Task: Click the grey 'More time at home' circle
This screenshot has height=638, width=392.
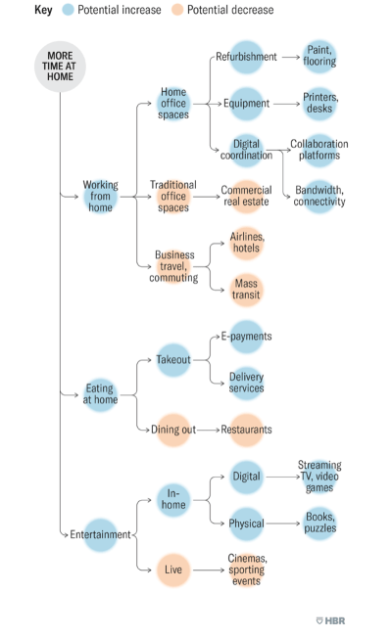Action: [x=60, y=67]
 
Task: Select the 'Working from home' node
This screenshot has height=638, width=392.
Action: [x=100, y=197]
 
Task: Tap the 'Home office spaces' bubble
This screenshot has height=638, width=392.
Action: [x=173, y=104]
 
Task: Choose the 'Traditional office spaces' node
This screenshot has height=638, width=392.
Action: [x=173, y=197]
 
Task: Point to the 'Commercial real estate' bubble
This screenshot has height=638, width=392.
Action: [x=246, y=196]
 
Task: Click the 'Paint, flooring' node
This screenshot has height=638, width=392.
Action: [x=319, y=57]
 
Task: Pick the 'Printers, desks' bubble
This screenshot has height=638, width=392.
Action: [x=319, y=104]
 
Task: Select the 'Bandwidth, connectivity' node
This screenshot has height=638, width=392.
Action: [x=319, y=197]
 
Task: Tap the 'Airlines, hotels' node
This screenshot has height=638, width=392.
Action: [x=247, y=243]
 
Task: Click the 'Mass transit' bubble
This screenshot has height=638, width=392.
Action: [x=246, y=290]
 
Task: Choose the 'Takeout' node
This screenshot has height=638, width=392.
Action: [x=173, y=360]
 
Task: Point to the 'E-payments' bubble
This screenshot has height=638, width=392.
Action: [x=246, y=337]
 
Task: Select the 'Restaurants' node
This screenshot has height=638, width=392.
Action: [x=246, y=430]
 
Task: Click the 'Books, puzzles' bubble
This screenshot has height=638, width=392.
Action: [x=319, y=523]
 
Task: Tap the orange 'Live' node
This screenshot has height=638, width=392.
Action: [x=173, y=570]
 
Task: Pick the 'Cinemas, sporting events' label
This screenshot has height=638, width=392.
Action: [x=247, y=570]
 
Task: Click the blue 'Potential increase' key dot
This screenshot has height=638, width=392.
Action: [x=68, y=10]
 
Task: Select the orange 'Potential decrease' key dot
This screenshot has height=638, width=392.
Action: [x=177, y=10]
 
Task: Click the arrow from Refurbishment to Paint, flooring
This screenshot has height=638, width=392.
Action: [x=291, y=57]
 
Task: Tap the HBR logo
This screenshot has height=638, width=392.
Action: [x=330, y=620]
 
